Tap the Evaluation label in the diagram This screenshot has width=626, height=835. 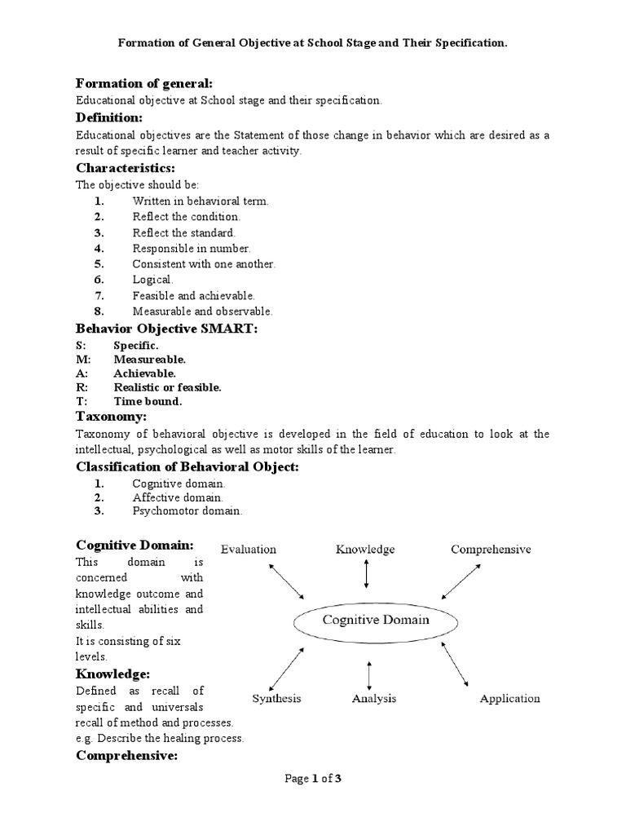(x=248, y=550)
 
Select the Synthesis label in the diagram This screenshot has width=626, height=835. (x=276, y=699)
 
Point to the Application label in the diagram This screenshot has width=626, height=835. (x=509, y=699)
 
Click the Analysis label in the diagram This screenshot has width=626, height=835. (x=374, y=699)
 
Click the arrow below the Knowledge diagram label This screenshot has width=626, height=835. (x=366, y=575)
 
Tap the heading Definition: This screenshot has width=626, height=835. (x=108, y=119)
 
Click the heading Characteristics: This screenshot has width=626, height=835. (x=126, y=168)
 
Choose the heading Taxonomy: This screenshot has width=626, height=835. (x=111, y=417)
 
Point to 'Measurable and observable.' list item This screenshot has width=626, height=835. (x=203, y=311)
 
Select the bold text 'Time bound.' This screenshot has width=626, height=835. (x=148, y=401)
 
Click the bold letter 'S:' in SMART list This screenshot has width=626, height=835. (x=82, y=346)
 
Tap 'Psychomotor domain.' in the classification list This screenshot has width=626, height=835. (x=187, y=511)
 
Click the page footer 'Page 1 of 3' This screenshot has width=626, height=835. (x=312, y=779)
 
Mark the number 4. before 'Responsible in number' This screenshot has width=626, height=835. (x=99, y=249)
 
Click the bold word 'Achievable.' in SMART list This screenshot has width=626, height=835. (x=145, y=373)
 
